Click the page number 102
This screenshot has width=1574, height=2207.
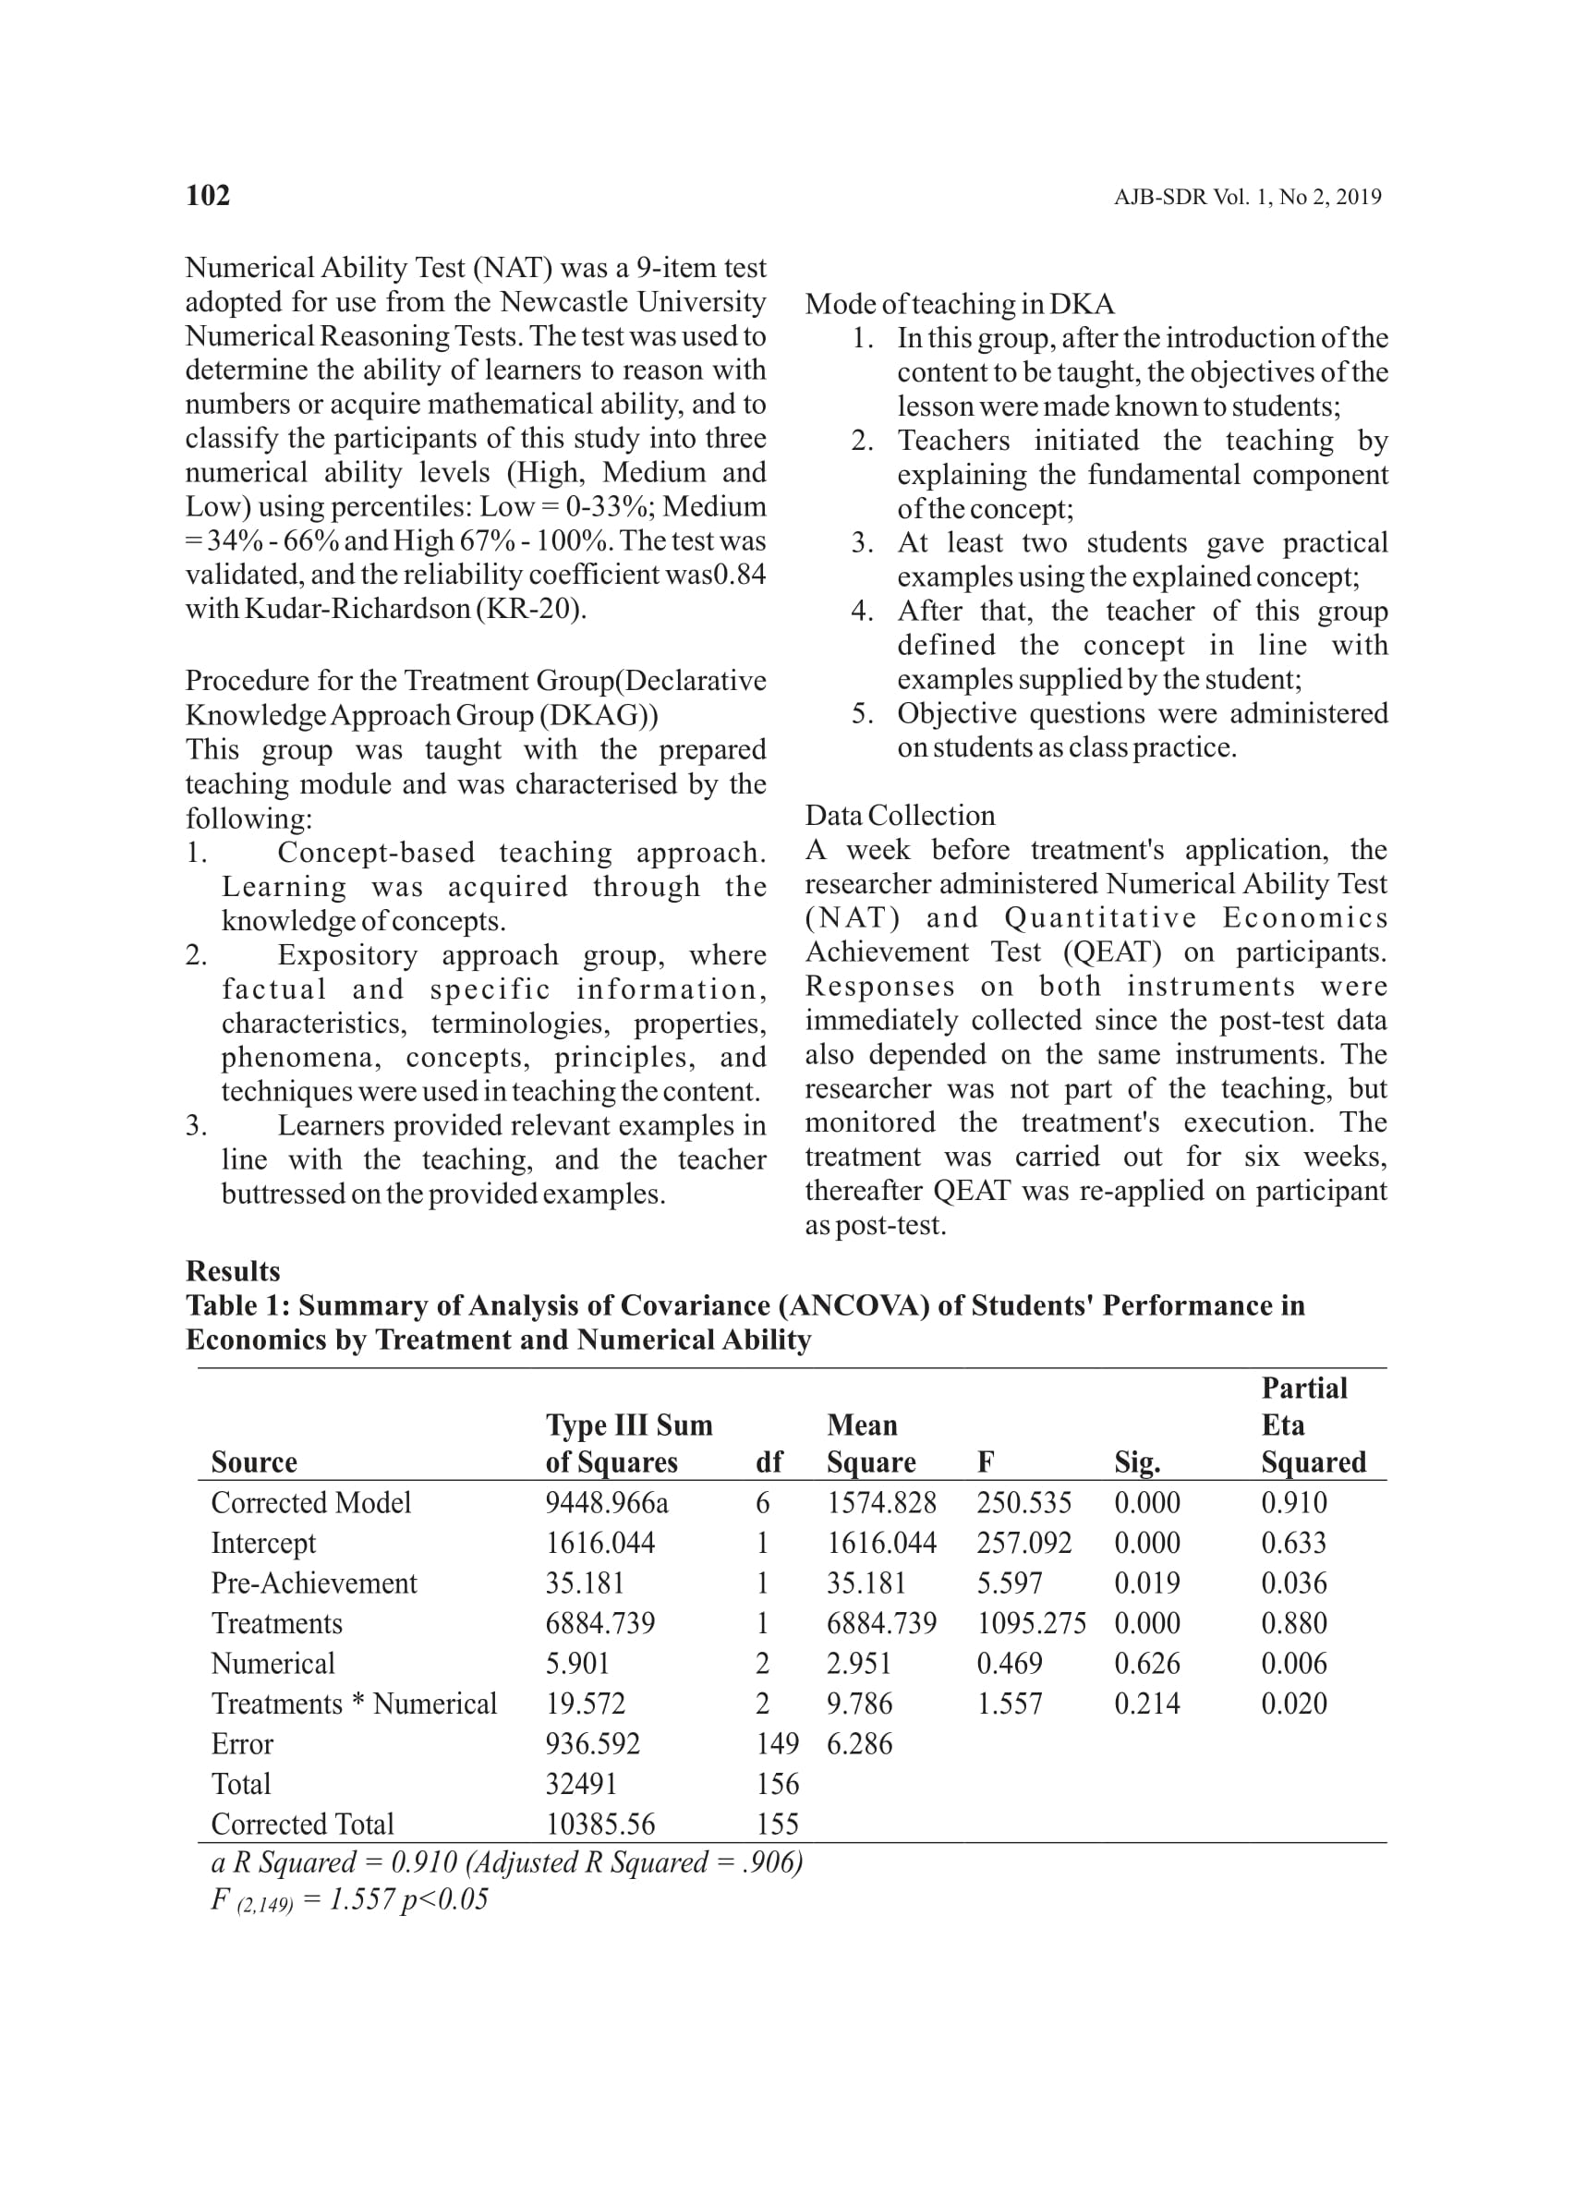208,196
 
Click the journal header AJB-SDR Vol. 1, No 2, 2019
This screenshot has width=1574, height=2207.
1246,198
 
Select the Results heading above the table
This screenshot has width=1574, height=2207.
233,1270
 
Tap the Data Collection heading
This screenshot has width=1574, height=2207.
900,815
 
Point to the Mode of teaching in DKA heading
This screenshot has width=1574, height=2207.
959,304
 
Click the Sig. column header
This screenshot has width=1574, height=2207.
1137,1461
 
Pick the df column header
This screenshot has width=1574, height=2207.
769,1461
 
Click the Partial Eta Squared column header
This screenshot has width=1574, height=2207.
1313,1425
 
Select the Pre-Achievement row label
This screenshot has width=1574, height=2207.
313,1582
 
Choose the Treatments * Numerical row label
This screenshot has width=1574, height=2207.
354,1703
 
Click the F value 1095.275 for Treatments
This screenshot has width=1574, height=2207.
1030,1622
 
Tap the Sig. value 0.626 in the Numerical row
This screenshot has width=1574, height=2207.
1146,1663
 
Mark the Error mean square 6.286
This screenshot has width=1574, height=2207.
859,1743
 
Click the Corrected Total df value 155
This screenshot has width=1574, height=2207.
778,1825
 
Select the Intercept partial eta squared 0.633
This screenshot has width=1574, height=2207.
1293,1542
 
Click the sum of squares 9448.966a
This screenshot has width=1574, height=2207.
606,1502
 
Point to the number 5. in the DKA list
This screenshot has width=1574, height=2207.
863,713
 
